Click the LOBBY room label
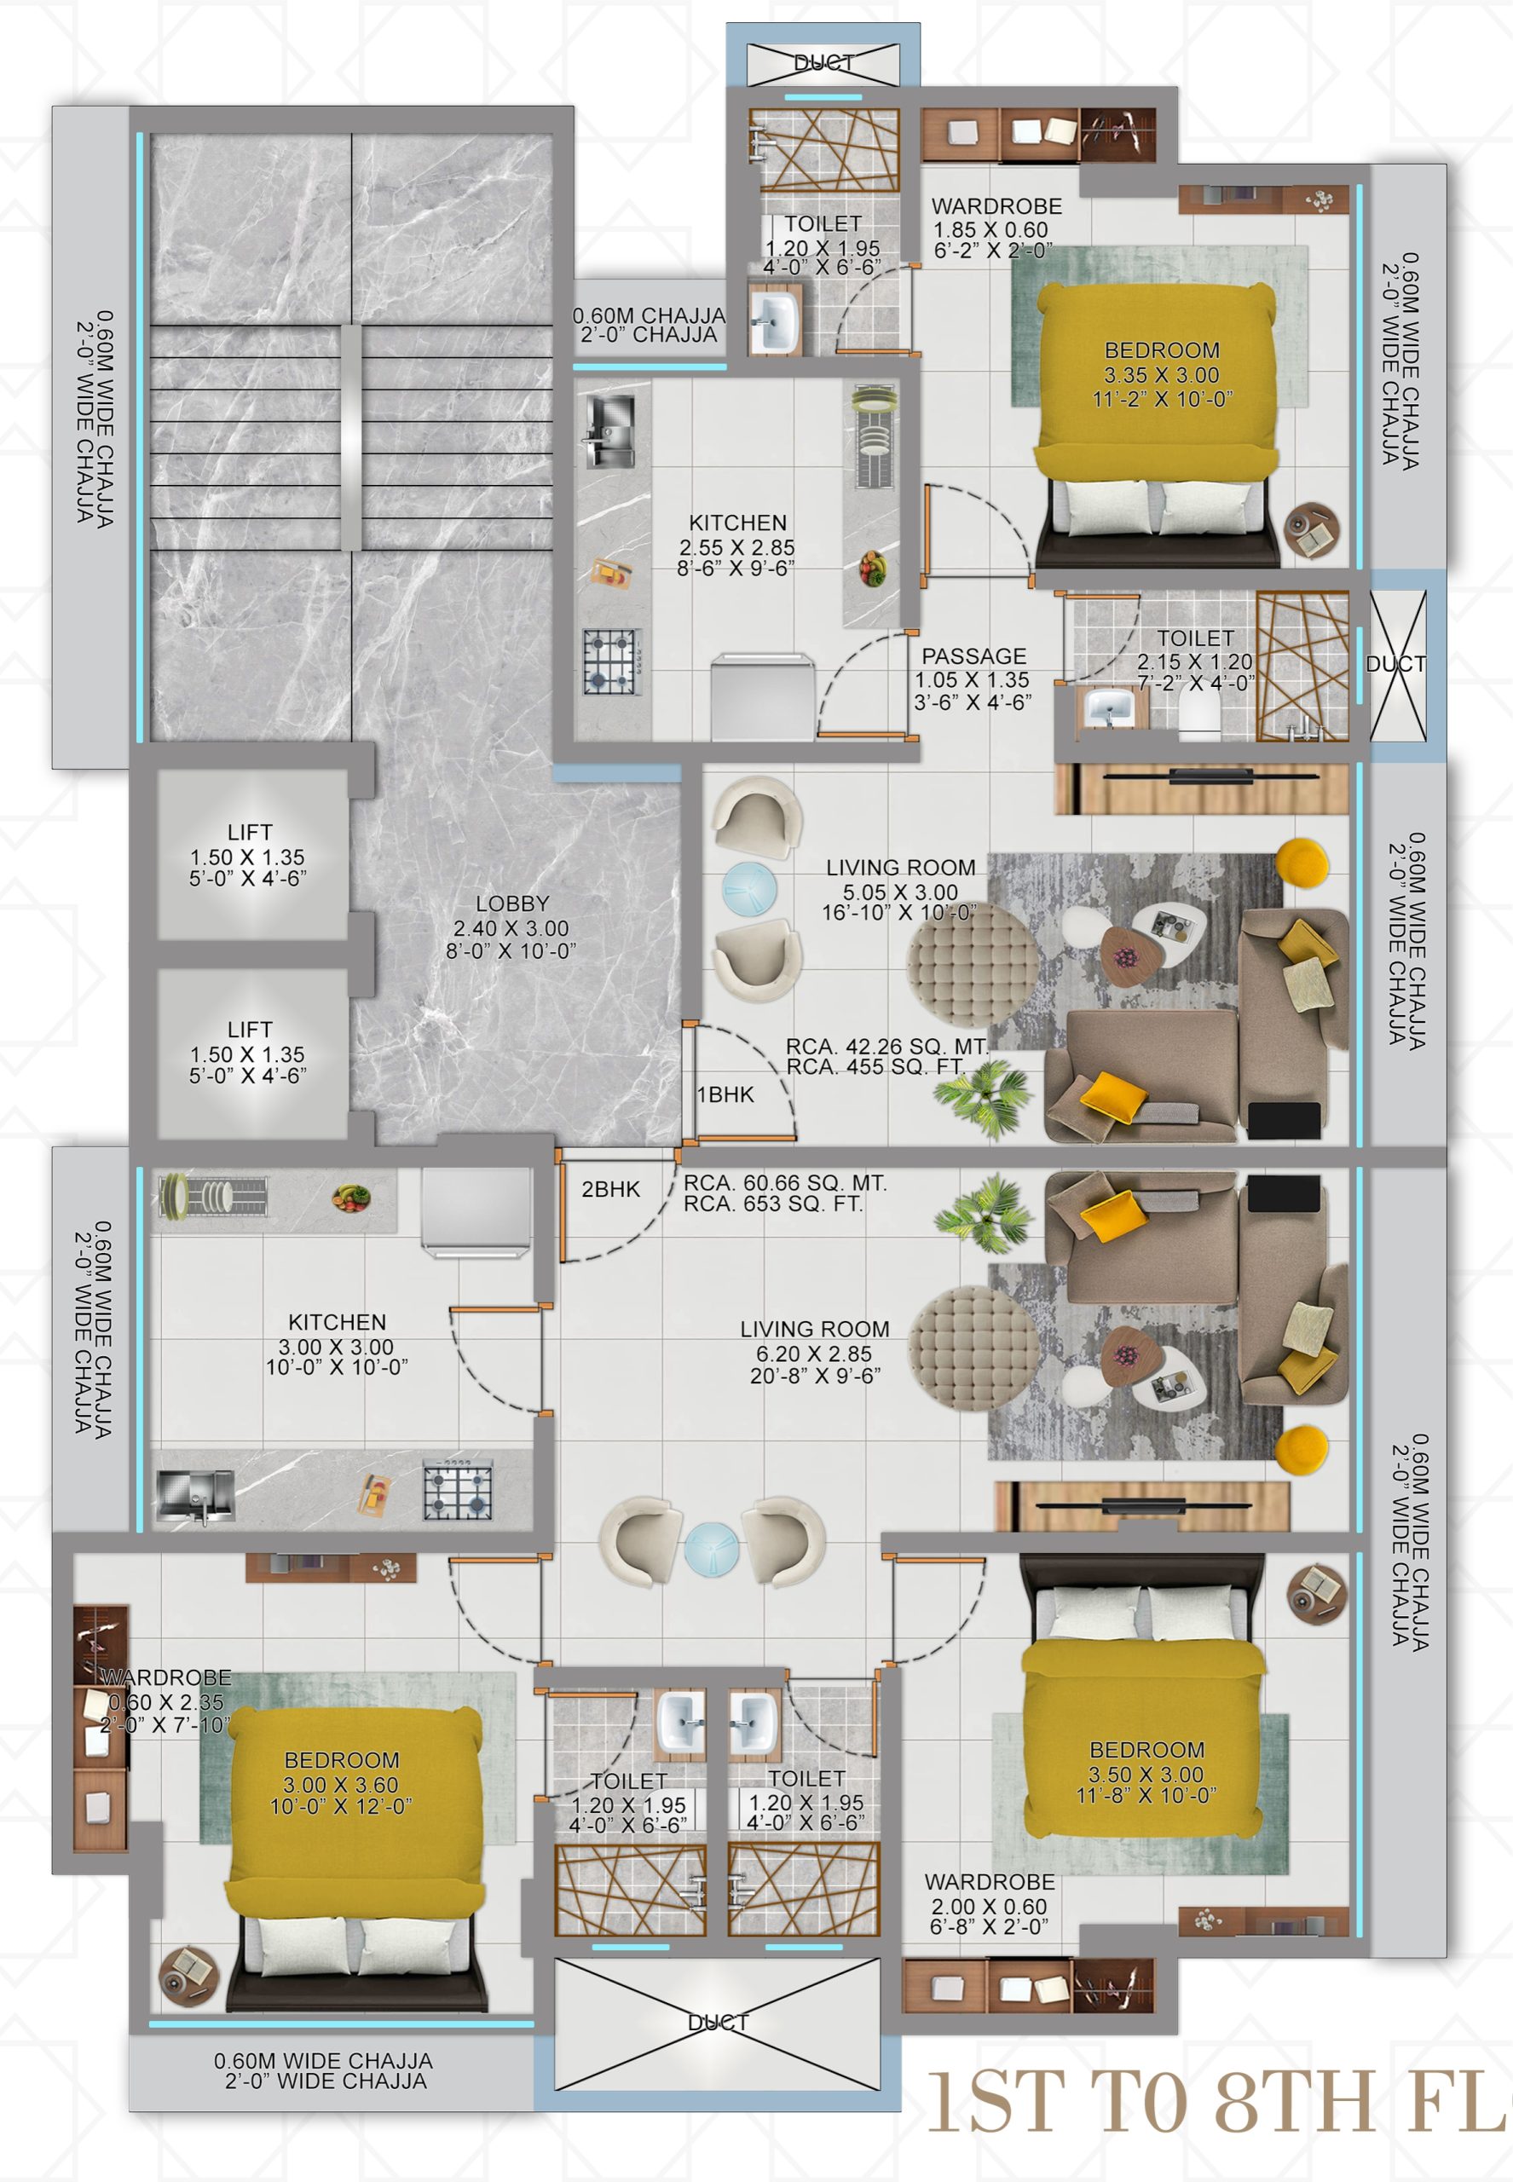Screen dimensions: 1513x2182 [512, 903]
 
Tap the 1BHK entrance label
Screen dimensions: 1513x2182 [725, 1094]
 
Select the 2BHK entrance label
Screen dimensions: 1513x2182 [610, 1189]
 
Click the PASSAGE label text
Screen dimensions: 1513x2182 [973, 656]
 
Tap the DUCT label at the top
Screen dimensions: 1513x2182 [823, 62]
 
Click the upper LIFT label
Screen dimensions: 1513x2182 [249, 832]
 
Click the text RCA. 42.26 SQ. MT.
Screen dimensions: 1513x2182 [886, 1047]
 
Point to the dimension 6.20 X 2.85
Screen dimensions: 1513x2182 [813, 1354]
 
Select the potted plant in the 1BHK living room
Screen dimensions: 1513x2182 [981, 1097]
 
